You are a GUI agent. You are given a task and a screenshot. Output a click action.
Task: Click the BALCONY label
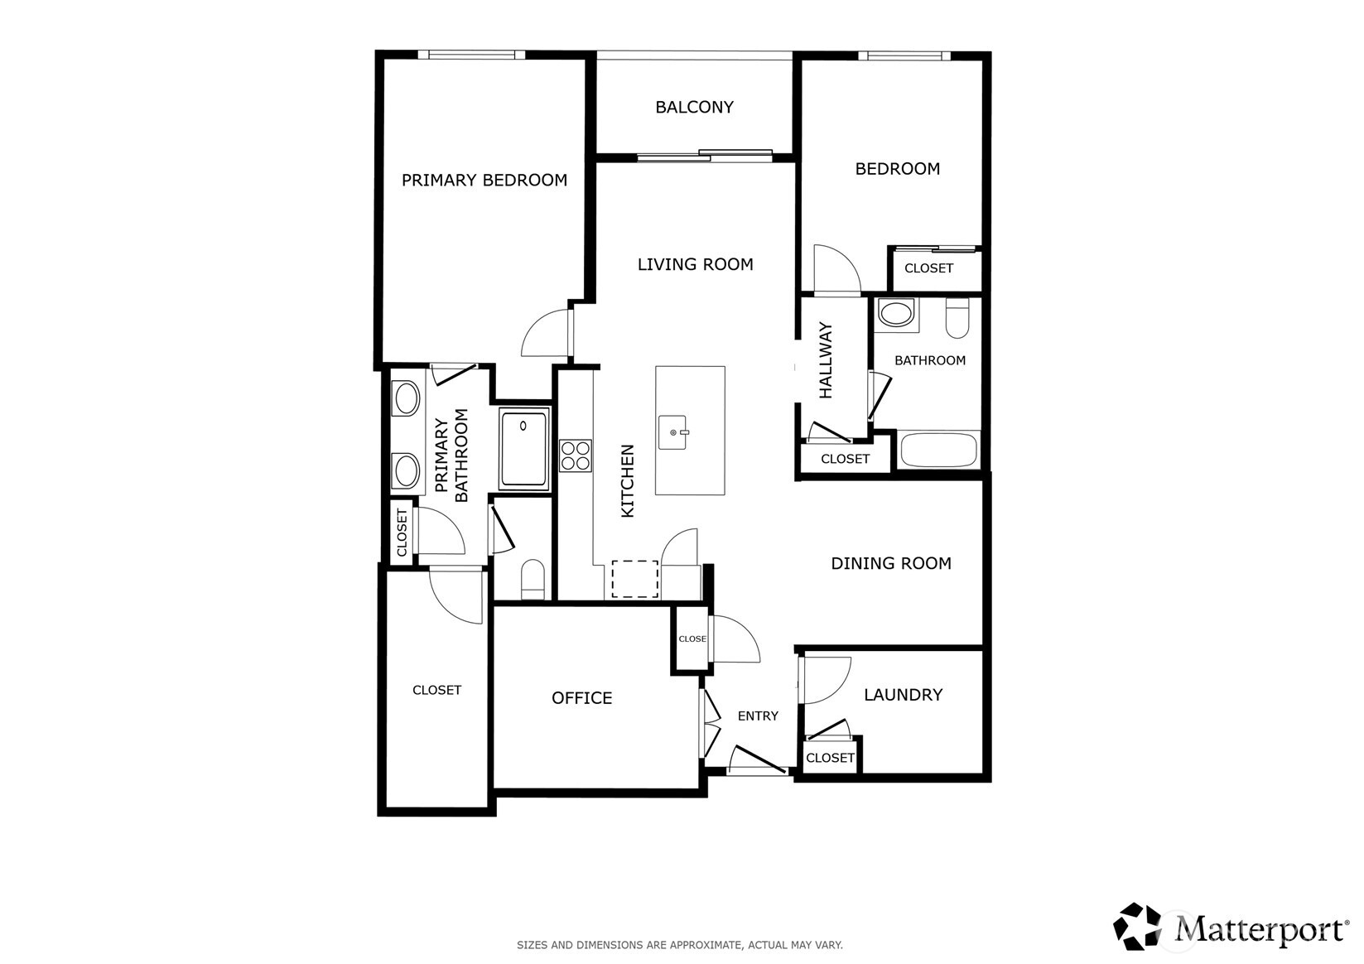coord(694,108)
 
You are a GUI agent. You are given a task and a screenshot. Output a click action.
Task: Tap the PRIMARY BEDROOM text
coord(484,181)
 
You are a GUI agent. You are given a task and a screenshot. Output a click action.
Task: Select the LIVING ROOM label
coord(695,264)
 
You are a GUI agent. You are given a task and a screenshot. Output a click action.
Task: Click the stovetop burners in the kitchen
coord(576,455)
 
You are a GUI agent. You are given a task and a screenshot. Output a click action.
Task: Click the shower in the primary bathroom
coord(524,450)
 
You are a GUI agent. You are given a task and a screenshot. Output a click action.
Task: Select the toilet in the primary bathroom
coord(533,579)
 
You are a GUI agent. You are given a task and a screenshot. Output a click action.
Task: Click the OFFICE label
coord(581,698)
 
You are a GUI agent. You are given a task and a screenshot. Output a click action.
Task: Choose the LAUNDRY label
coord(903,695)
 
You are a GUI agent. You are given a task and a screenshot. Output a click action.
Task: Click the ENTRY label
coord(758,716)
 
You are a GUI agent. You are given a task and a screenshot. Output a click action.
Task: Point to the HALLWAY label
coord(826,361)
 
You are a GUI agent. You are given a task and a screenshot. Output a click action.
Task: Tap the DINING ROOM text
coord(891,563)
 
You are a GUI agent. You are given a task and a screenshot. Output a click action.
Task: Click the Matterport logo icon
coord(1138,927)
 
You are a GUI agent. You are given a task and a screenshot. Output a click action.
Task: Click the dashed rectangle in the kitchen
coord(635,579)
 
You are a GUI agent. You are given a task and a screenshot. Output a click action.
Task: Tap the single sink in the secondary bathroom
coord(894,315)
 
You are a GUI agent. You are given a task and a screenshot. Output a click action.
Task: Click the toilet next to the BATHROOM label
coord(957,319)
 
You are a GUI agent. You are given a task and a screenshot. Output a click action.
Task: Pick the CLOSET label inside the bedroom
coord(928,268)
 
